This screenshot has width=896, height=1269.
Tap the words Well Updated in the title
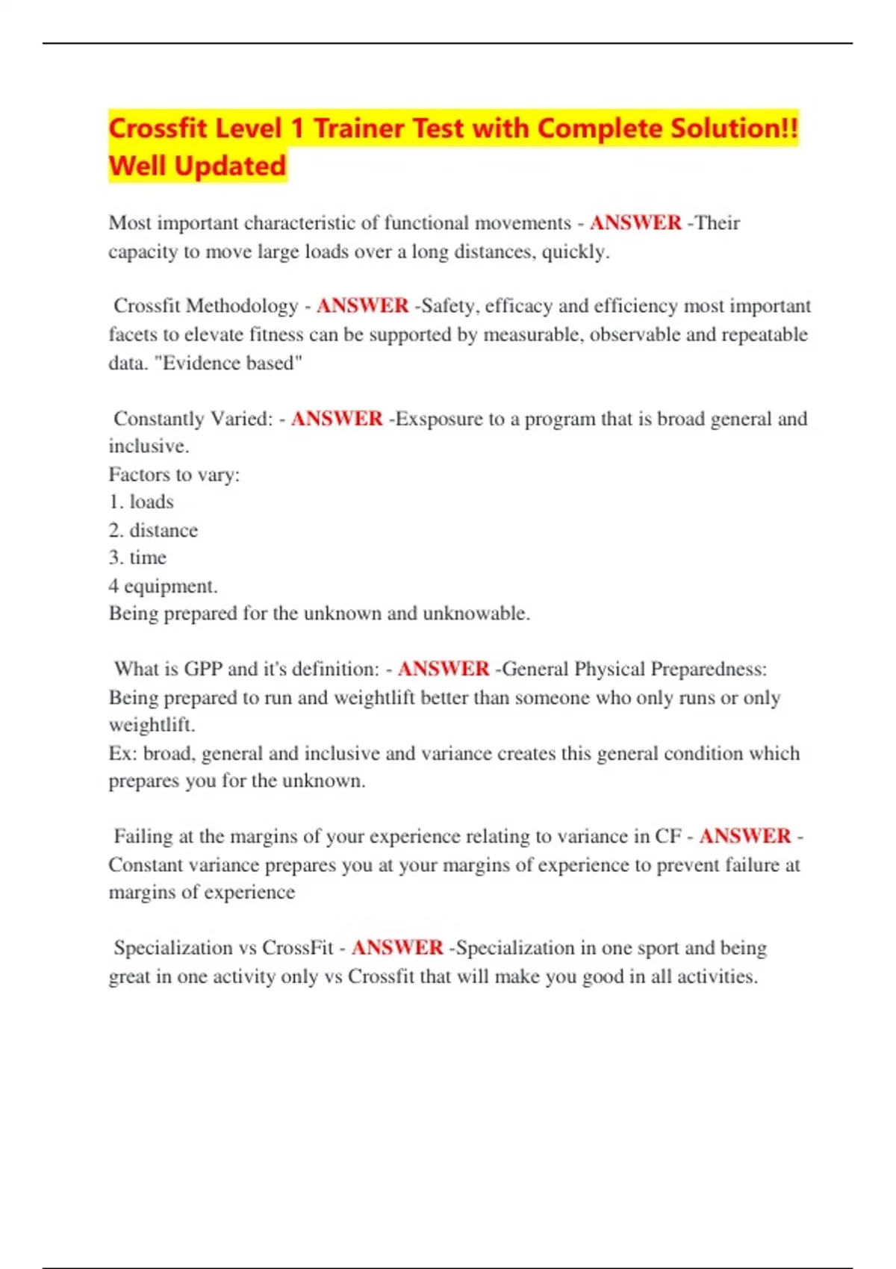(x=197, y=166)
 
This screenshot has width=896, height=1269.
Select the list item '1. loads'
(x=141, y=502)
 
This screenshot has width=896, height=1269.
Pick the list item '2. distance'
(x=153, y=530)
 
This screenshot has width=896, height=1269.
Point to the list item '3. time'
(x=137, y=558)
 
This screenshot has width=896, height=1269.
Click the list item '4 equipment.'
(x=163, y=586)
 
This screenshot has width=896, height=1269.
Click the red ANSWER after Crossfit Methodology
(x=362, y=306)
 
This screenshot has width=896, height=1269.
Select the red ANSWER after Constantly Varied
(x=337, y=419)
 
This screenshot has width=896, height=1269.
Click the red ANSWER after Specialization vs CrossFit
(x=397, y=948)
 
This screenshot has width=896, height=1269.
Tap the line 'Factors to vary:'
(x=174, y=475)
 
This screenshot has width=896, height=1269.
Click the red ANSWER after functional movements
(x=635, y=223)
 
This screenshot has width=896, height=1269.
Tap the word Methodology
(x=242, y=306)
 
